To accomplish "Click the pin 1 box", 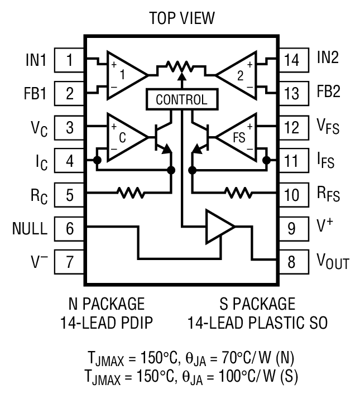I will [x=69, y=60].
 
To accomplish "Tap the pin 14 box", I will [x=291, y=60].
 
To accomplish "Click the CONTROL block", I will [x=181, y=100].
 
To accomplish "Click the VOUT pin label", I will [x=333, y=261].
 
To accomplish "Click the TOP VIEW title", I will [x=181, y=19].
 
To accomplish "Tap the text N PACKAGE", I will [x=105, y=304].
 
